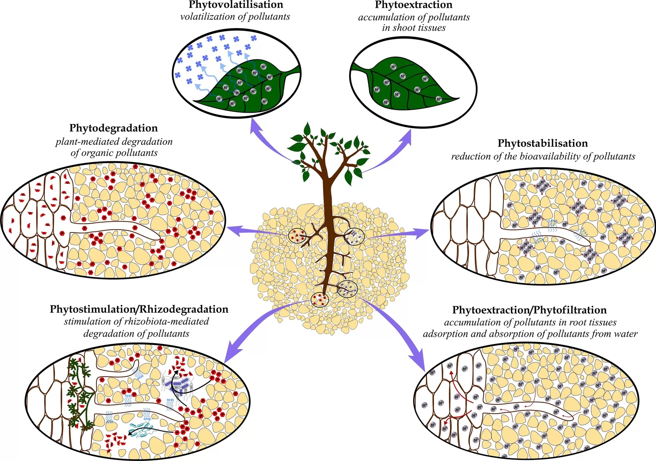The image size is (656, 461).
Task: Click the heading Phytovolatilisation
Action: [236, 5]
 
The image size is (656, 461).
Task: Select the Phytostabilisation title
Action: [543, 143]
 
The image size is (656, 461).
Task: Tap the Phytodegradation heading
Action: [113, 128]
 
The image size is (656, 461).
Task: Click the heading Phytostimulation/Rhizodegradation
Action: [139, 309]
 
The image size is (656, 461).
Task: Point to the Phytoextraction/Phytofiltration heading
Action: [529, 310]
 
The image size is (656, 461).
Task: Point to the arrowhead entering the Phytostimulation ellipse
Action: [232, 352]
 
